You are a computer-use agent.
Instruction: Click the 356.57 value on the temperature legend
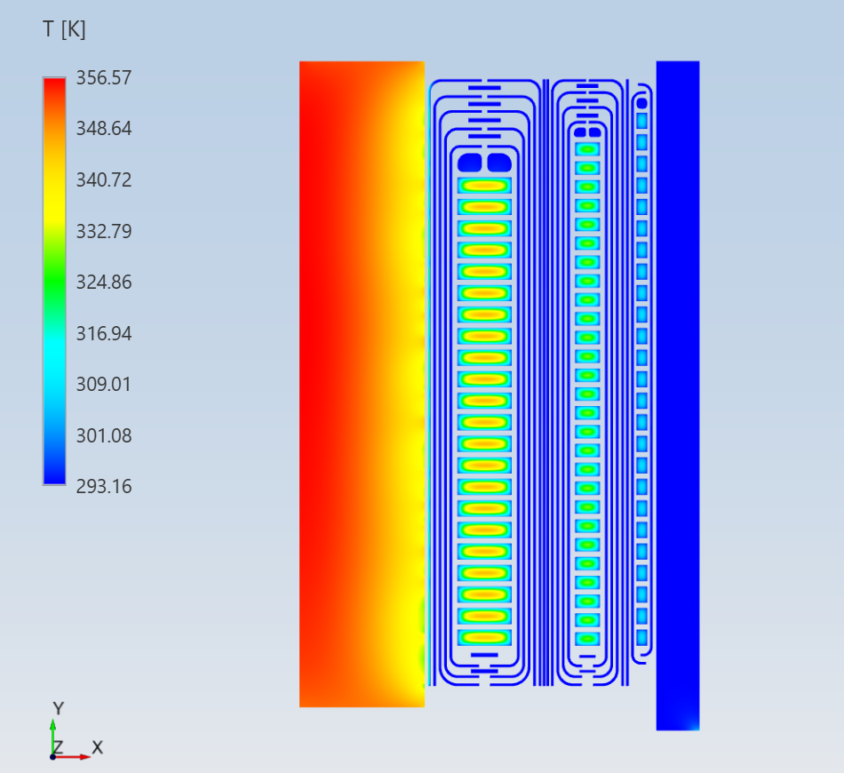pyautogui.click(x=104, y=78)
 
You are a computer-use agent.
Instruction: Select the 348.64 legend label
pyautogui.click(x=104, y=129)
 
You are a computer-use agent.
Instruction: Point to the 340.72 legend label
pyautogui.click(x=104, y=179)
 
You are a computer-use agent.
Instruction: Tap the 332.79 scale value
pyautogui.click(x=104, y=232)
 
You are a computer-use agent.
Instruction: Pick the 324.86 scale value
pyautogui.click(x=104, y=282)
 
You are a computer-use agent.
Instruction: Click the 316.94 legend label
pyautogui.click(x=104, y=334)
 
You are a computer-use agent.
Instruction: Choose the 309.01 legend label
pyautogui.click(x=104, y=385)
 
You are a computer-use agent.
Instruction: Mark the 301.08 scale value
pyautogui.click(x=104, y=435)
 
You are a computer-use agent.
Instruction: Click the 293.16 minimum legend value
pyautogui.click(x=104, y=487)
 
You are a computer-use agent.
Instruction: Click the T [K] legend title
pyautogui.click(x=64, y=29)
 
